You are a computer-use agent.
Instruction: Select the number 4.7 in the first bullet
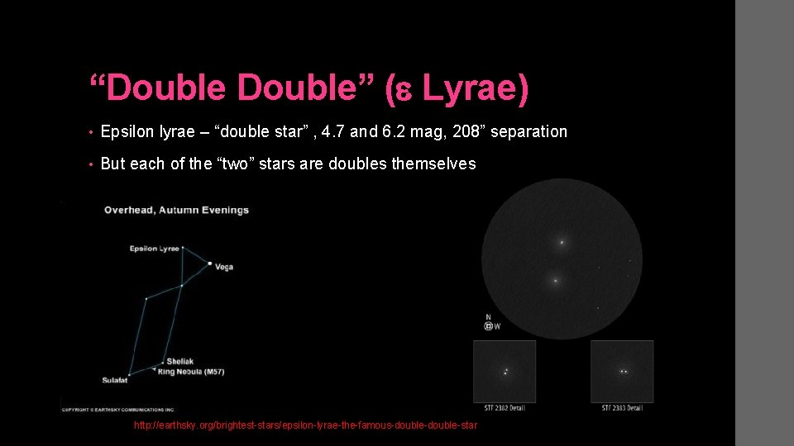click(x=333, y=131)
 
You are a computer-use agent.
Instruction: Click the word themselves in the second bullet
click(x=433, y=164)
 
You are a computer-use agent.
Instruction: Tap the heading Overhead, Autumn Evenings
click(x=176, y=210)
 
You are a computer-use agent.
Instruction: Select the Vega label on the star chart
click(x=224, y=267)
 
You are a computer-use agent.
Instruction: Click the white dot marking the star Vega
click(x=210, y=263)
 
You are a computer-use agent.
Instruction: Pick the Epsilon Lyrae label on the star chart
click(x=154, y=249)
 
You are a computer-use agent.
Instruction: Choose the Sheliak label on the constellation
click(x=179, y=361)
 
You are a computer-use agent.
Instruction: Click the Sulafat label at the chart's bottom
click(x=115, y=380)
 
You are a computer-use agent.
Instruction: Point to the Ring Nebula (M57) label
click(x=195, y=372)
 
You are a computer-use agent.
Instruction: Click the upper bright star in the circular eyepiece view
click(x=562, y=243)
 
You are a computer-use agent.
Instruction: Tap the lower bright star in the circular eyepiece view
click(x=555, y=281)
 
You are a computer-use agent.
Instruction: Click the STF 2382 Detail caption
click(x=505, y=408)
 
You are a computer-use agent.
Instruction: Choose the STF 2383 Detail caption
click(x=622, y=408)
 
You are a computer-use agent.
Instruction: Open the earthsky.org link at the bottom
click(x=305, y=425)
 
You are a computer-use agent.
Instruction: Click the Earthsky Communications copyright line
click(x=117, y=409)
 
